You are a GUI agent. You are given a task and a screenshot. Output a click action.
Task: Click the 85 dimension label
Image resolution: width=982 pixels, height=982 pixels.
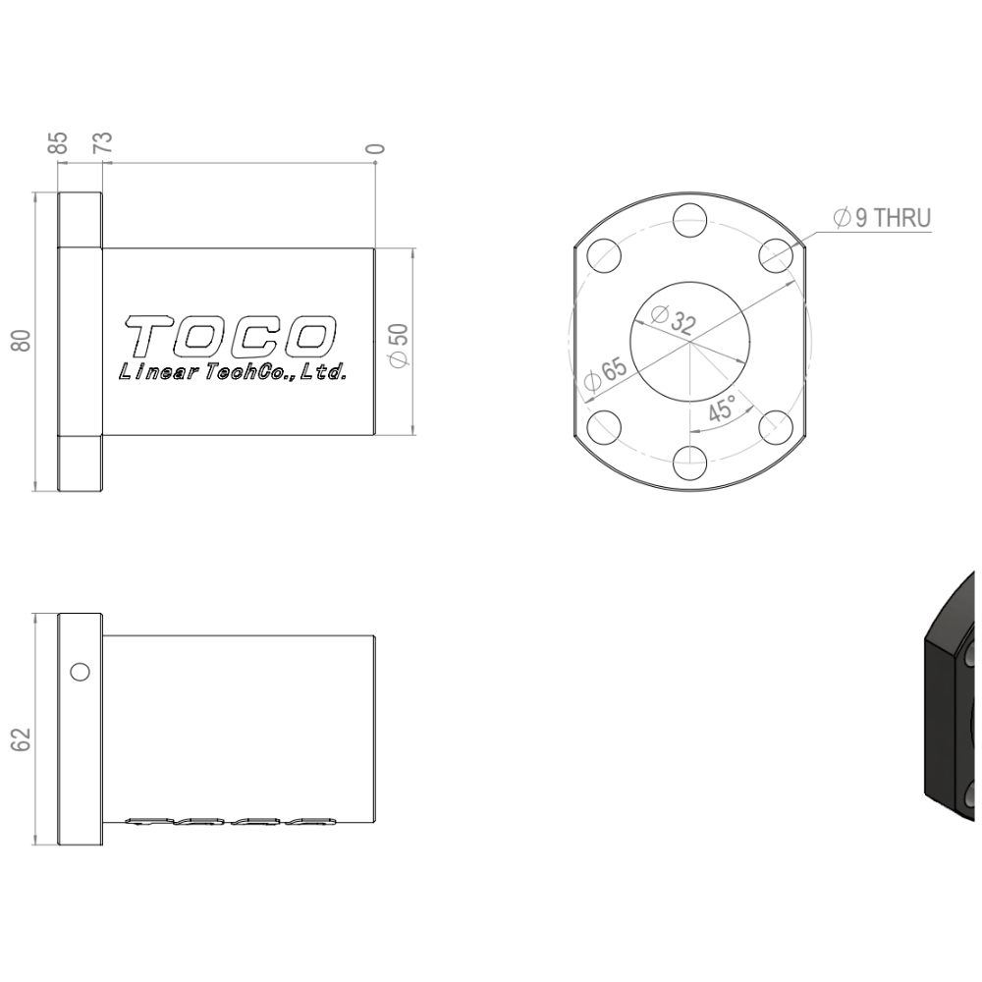[58, 142]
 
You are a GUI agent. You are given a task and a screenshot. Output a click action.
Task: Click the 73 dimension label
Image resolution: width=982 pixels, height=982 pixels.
[103, 142]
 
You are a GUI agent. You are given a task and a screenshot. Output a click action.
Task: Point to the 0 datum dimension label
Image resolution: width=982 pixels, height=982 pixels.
[375, 149]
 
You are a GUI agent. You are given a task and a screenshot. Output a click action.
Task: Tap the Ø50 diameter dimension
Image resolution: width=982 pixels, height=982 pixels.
[399, 345]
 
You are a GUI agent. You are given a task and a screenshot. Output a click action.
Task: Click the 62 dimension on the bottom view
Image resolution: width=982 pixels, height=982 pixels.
[22, 739]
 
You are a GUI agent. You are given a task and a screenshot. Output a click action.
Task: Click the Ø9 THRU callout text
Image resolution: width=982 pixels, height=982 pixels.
[882, 218]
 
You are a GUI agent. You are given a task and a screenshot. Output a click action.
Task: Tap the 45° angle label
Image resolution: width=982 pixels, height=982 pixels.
[722, 409]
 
